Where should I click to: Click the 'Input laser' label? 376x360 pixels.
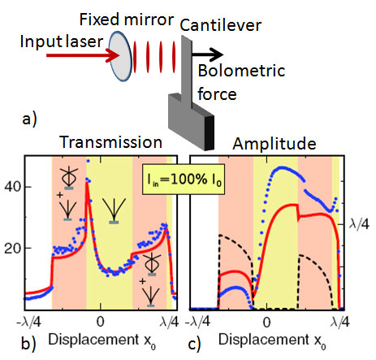pos(62,42)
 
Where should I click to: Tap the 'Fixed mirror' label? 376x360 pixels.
pos(127,20)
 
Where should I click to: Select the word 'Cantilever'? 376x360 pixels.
pos(221,25)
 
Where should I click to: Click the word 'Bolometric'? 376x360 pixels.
pos(241,71)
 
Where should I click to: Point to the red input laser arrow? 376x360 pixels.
pos(83,55)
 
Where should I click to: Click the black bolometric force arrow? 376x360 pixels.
pos(207,54)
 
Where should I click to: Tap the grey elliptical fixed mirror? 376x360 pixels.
pos(120,56)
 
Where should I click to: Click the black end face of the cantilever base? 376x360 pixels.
pos(210,133)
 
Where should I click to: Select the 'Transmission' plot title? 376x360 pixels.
pos(110,142)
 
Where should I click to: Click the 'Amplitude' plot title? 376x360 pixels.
pos(274,143)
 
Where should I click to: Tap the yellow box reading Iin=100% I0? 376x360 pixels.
pos(184,179)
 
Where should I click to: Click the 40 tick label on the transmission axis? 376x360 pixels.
pos(13,187)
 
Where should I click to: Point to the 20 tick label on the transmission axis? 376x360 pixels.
pos(13,248)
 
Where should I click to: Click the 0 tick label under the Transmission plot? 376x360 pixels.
pos(101,322)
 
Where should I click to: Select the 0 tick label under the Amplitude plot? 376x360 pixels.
pos(267,322)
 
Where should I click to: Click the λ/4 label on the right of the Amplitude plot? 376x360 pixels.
pos(359,224)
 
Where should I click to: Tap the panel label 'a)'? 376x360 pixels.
pos(29,119)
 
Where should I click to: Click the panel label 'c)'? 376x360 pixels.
pos(194,345)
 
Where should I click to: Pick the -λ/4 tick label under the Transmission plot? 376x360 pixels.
pos(28,322)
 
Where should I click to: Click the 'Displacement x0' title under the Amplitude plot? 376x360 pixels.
pos(272,340)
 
